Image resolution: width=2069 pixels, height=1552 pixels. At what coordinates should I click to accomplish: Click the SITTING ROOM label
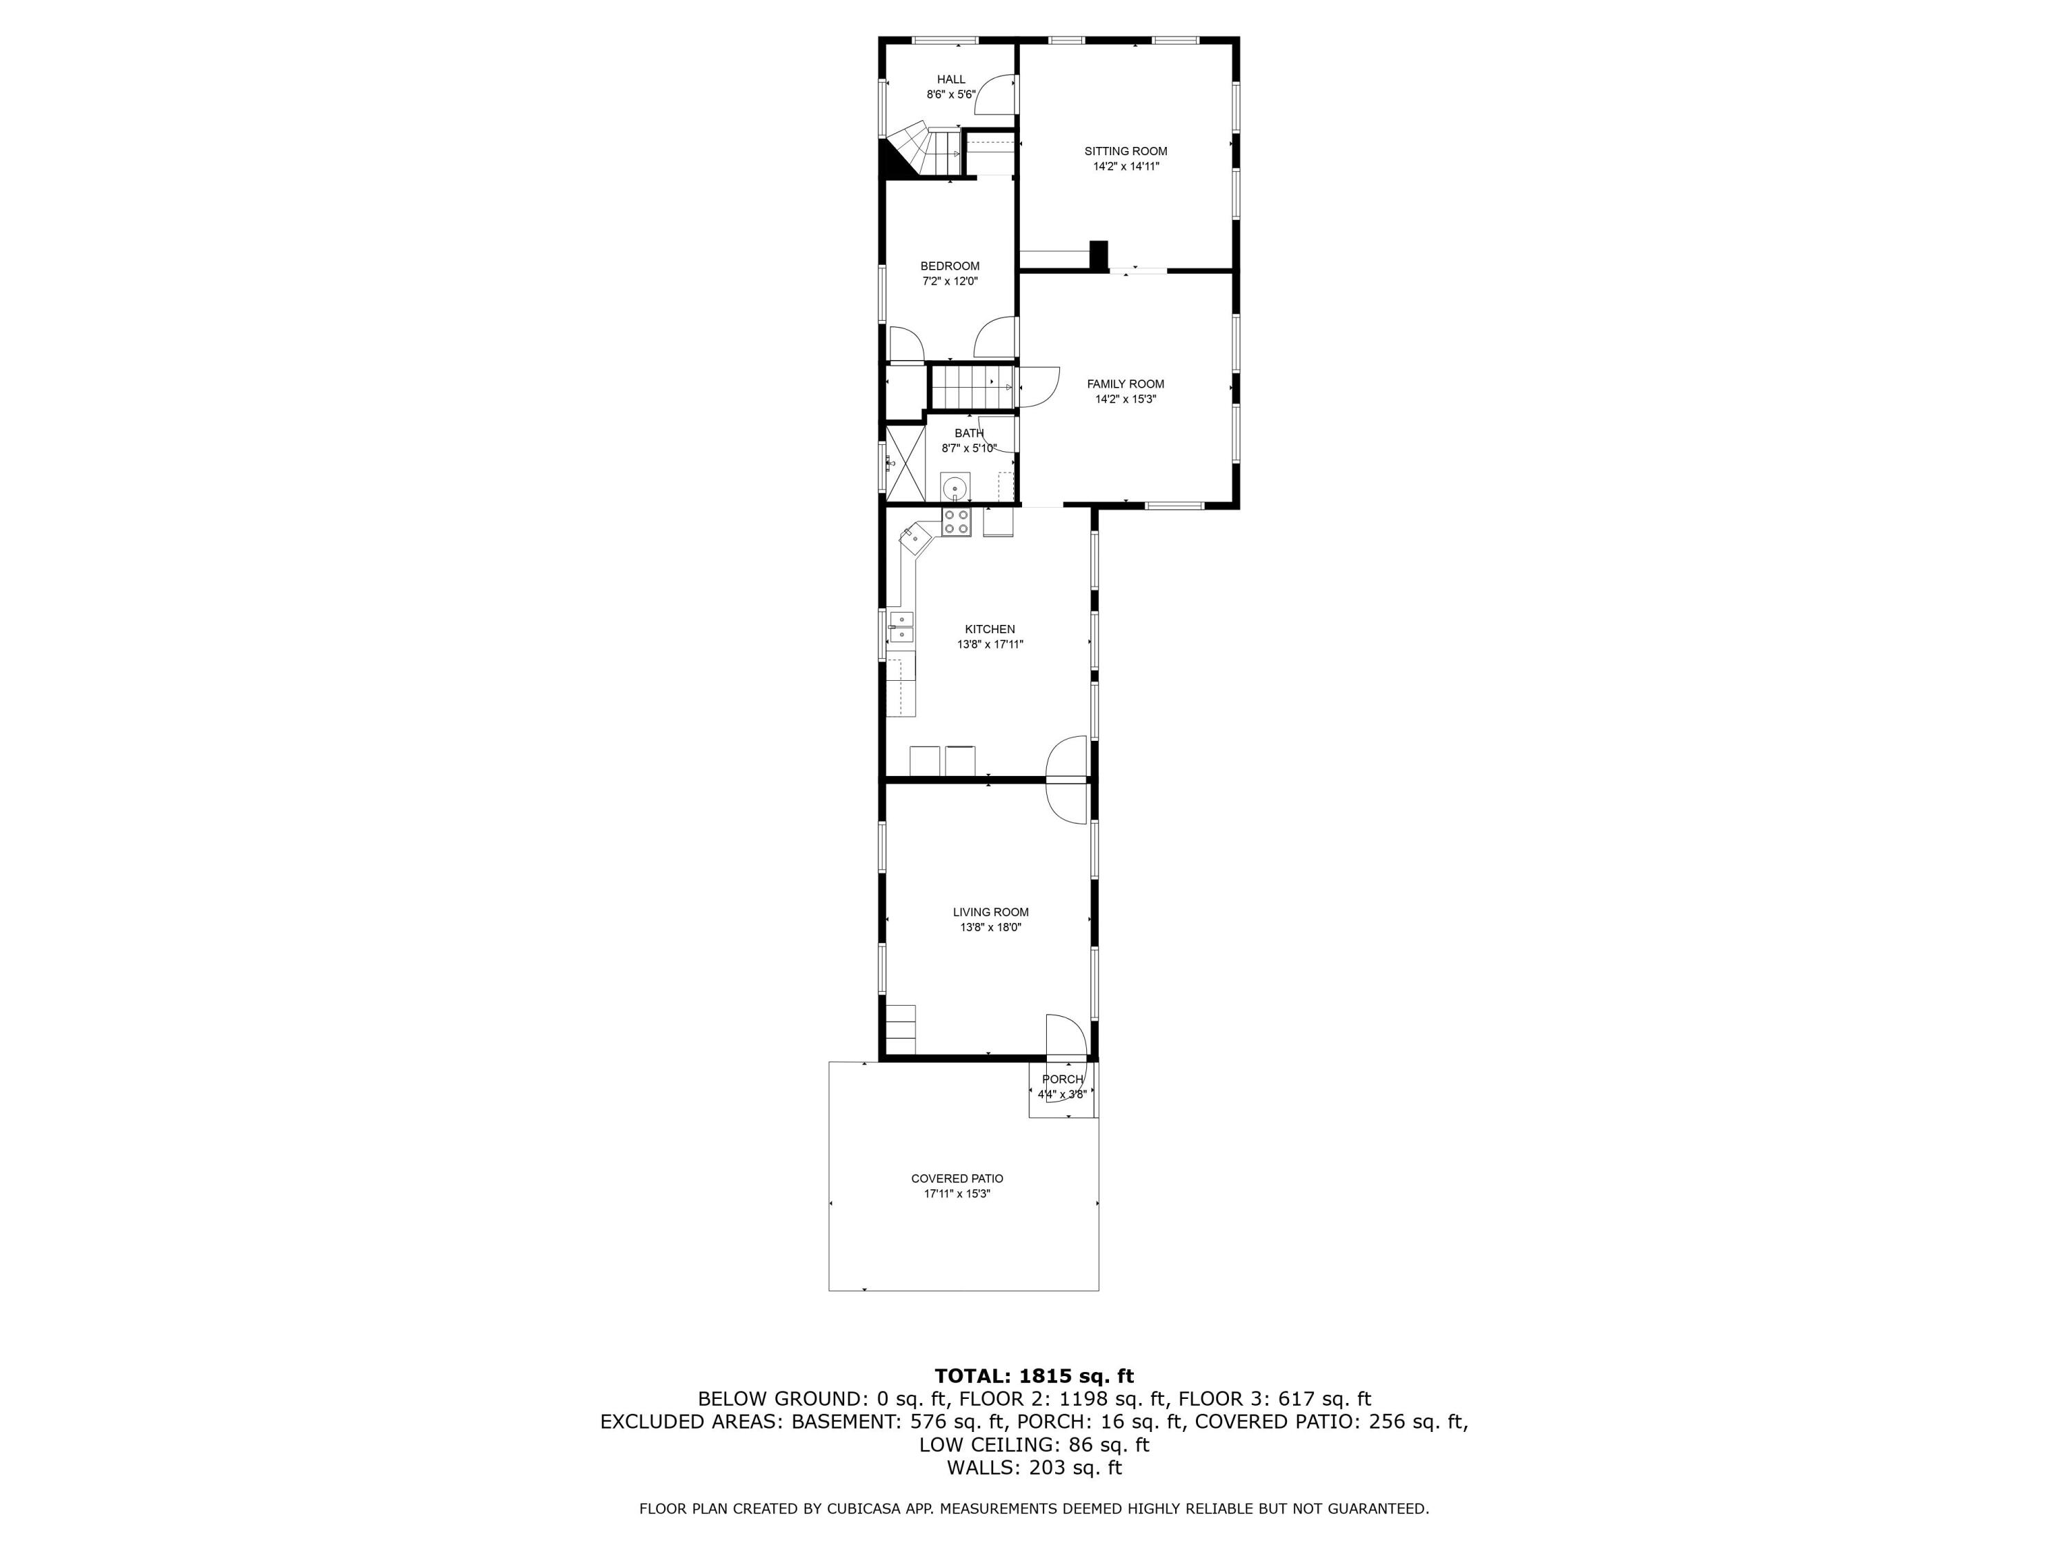point(1126,152)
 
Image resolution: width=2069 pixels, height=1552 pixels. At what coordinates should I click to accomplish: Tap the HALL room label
point(951,79)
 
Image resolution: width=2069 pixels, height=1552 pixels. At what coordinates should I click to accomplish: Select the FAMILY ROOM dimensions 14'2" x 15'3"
point(1126,399)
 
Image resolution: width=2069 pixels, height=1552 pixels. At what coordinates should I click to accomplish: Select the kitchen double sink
point(901,628)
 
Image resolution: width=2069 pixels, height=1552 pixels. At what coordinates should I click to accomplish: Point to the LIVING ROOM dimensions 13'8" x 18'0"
point(990,928)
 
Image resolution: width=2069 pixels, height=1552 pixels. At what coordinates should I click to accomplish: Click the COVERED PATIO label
point(957,1179)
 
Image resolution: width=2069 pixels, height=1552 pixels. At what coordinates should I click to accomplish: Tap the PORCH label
point(1063,1080)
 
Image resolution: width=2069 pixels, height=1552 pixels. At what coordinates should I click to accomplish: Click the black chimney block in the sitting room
point(1099,255)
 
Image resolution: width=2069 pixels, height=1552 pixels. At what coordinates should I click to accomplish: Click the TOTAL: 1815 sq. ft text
point(1034,1376)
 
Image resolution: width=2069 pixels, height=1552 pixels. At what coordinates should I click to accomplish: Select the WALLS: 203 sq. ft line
point(1034,1468)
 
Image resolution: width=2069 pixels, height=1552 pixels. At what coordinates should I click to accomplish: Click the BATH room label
point(969,433)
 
